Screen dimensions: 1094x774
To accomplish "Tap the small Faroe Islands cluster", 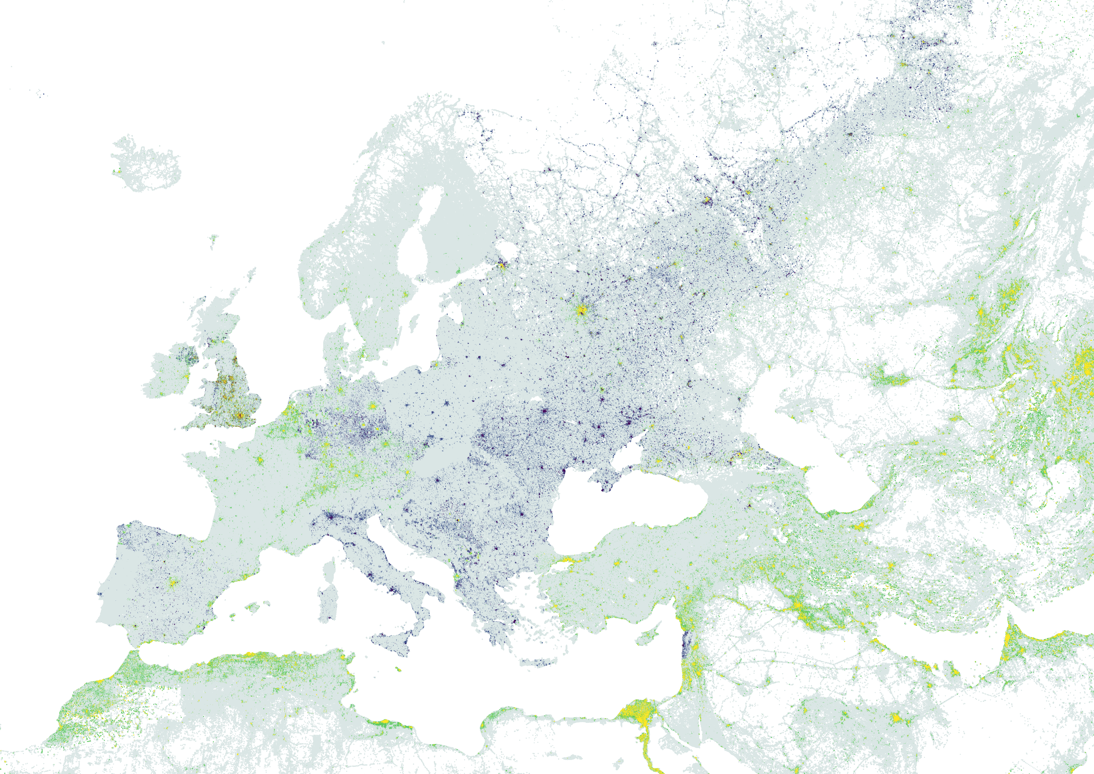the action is click(214, 239).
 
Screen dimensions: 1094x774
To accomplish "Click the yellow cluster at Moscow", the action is click(581, 310).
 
